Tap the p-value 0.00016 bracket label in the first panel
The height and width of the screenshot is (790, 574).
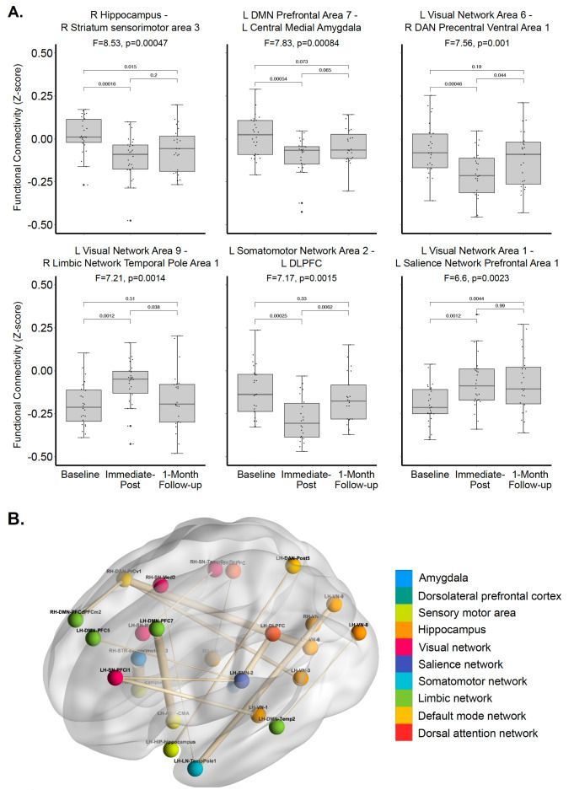(x=106, y=83)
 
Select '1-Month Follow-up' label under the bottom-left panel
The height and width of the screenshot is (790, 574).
(x=180, y=479)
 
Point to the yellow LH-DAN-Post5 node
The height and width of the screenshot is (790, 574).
(x=293, y=566)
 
